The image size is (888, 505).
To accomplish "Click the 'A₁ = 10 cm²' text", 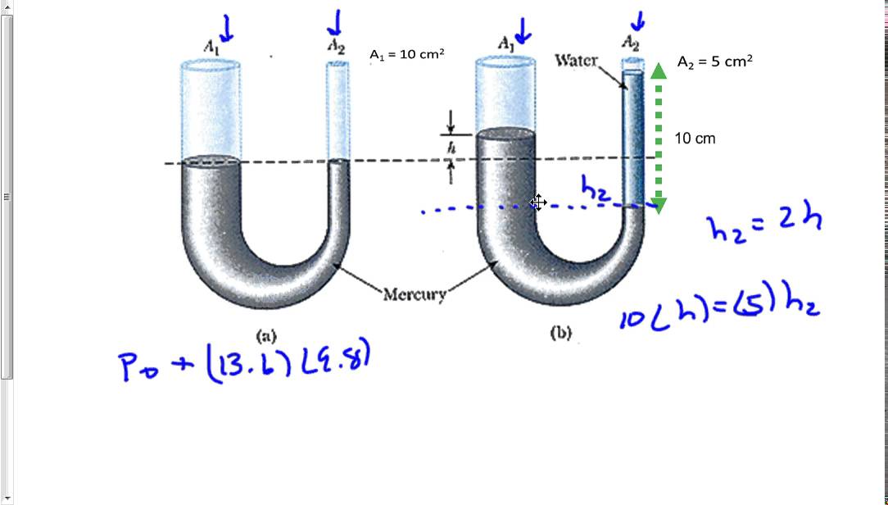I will [x=407, y=55].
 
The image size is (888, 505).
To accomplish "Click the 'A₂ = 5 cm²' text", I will [x=715, y=61].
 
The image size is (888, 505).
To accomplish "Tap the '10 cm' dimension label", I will [x=695, y=139].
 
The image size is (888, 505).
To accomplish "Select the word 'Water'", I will [x=577, y=61].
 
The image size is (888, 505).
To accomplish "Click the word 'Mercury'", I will [x=415, y=294].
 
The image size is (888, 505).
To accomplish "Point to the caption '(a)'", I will [x=266, y=335].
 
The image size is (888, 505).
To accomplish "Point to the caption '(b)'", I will [x=561, y=334].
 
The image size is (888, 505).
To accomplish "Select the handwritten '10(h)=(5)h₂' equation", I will [x=719, y=309].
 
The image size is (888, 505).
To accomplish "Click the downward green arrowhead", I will [x=659, y=206].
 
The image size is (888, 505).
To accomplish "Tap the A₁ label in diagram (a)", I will [x=211, y=48].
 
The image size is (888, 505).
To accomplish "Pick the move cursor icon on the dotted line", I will [x=538, y=202].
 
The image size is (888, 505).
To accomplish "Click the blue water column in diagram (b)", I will [x=632, y=139].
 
